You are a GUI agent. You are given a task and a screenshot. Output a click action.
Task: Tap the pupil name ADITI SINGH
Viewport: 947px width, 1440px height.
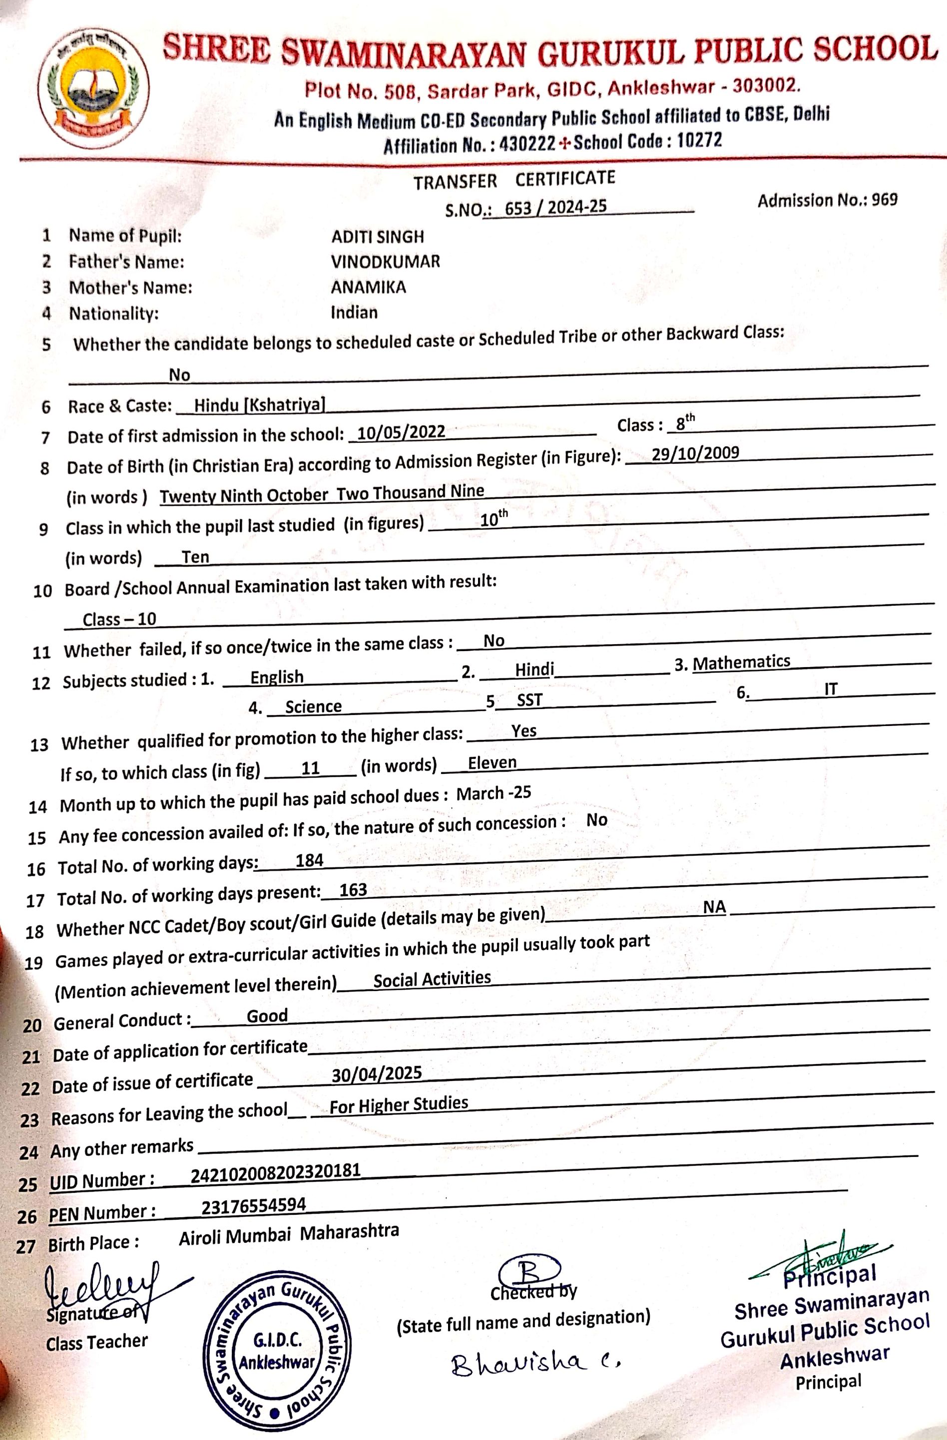pyautogui.click(x=378, y=237)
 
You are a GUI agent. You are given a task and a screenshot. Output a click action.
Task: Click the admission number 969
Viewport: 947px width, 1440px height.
pyautogui.click(x=885, y=200)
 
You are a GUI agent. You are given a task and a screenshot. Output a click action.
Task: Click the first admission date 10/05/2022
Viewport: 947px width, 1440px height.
pyautogui.click(x=401, y=432)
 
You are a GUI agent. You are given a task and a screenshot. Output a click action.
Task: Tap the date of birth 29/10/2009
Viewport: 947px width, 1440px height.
pyautogui.click(x=695, y=453)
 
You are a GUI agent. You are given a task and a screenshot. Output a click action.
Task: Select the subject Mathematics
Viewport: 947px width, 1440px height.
pyautogui.click(x=742, y=662)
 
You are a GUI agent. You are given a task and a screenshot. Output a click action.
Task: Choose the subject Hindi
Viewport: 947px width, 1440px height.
pyautogui.click(x=534, y=669)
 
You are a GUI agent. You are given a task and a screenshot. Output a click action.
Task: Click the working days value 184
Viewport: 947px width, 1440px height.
pyautogui.click(x=309, y=860)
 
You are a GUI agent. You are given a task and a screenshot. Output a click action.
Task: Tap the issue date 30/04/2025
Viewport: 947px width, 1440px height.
pyautogui.click(x=377, y=1074)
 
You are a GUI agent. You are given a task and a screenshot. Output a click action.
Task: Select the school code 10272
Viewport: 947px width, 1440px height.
pyautogui.click(x=699, y=141)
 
